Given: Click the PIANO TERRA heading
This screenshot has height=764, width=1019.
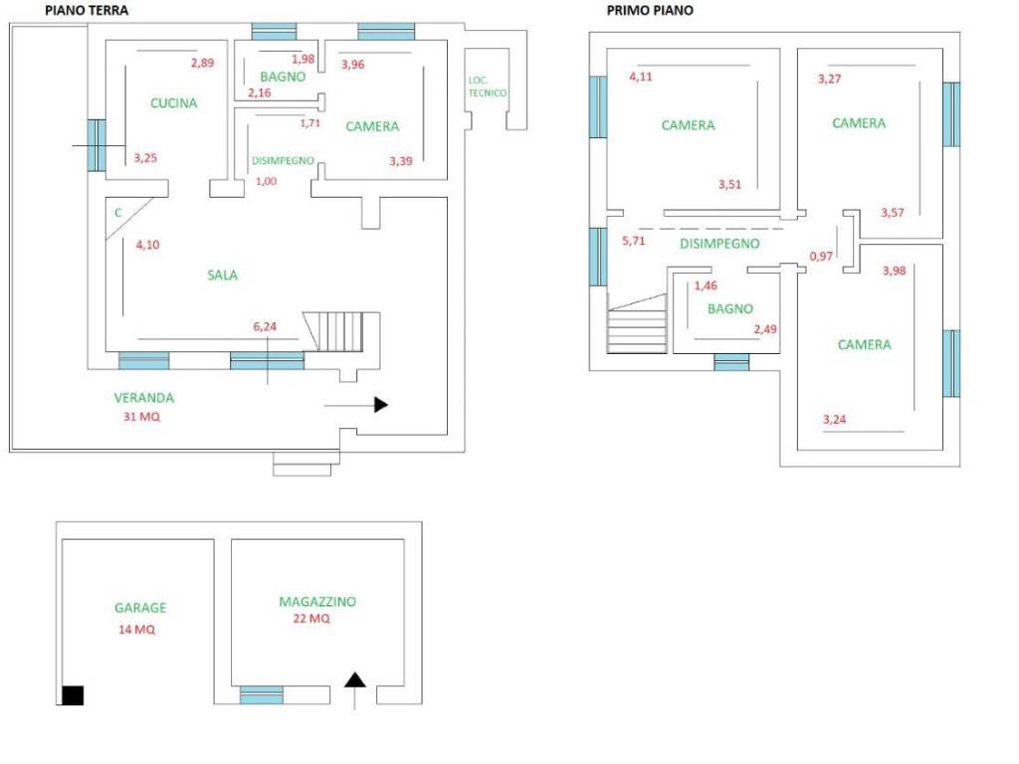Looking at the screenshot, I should (x=87, y=10).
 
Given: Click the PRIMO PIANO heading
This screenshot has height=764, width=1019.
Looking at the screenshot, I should (x=650, y=10).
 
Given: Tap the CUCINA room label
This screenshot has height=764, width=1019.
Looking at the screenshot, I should (x=174, y=102).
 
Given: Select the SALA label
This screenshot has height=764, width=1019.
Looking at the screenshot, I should (x=222, y=276).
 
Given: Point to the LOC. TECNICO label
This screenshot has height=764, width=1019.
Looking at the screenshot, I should (x=488, y=87).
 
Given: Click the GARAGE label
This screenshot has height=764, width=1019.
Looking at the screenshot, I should (x=140, y=608).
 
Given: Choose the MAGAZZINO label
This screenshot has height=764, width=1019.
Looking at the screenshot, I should (x=317, y=602).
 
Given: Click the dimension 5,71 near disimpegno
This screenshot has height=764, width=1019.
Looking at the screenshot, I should (x=634, y=240).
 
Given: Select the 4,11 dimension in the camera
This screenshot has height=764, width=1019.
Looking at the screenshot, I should (x=641, y=77).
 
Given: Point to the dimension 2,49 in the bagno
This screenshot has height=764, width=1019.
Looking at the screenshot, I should (x=764, y=329).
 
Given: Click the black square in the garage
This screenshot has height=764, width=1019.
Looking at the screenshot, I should (x=73, y=695).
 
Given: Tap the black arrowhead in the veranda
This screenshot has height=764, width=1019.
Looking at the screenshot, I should (x=380, y=405).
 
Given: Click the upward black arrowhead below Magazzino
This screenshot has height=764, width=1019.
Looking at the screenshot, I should (x=355, y=680).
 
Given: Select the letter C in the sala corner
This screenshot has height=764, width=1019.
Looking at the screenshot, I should (x=117, y=212).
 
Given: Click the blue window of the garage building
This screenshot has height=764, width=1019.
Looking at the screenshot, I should (x=261, y=694).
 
